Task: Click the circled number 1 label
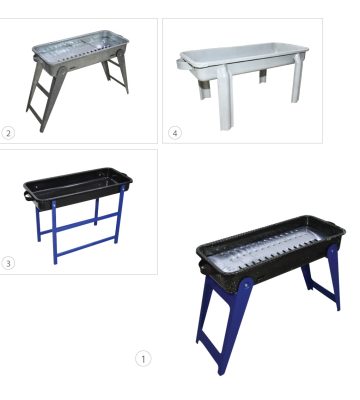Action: click(143, 359)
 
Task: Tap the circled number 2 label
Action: click(8, 133)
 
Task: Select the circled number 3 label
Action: click(8, 263)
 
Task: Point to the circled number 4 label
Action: click(175, 133)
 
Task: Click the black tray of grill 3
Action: click(77, 188)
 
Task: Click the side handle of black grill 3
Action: click(28, 196)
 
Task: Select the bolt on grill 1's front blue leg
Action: click(246, 285)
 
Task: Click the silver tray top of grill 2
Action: click(81, 47)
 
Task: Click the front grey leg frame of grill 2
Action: click(47, 97)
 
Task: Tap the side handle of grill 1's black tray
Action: click(201, 267)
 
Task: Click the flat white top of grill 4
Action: click(244, 53)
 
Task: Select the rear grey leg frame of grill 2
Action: click(117, 73)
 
